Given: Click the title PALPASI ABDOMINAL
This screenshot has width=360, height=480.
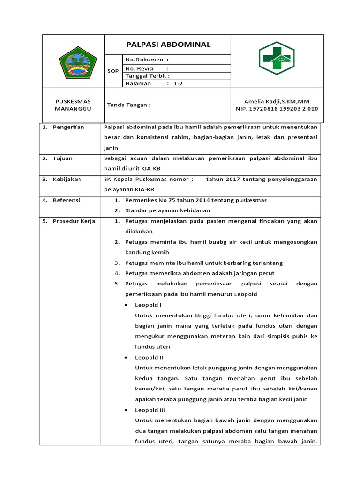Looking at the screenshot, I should coord(169,45).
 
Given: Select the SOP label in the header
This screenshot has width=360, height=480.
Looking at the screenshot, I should coord(113,71).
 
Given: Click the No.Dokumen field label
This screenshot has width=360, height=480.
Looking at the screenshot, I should coord(147,60).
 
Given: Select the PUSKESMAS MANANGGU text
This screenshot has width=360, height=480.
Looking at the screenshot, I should coord(73,105).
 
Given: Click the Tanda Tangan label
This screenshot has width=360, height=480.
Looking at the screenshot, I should coord(129,105).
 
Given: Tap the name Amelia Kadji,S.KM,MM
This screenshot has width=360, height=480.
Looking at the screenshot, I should coord(277,101).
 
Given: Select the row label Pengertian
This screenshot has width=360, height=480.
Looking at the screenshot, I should coord(68,127).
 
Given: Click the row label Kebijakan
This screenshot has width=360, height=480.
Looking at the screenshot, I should coord(67,179).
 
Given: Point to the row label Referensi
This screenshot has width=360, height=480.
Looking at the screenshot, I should coord(67,200).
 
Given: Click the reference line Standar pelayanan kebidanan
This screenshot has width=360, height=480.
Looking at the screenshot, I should coord(167,210).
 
